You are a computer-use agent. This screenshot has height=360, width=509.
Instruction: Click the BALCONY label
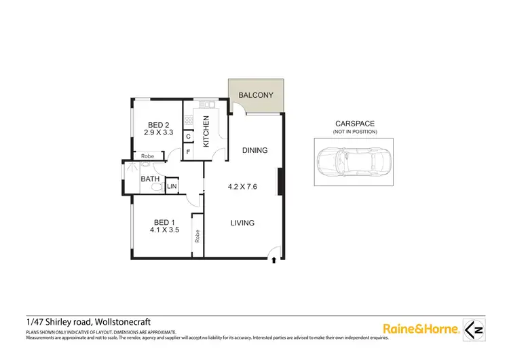point(256,95)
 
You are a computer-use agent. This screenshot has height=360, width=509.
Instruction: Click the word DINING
point(254,151)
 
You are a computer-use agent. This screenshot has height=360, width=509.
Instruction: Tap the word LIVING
point(242,223)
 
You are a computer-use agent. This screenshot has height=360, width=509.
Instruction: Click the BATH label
point(150,180)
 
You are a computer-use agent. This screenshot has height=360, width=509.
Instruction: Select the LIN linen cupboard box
point(172,185)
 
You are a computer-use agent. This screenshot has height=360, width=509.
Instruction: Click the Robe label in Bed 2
point(148,157)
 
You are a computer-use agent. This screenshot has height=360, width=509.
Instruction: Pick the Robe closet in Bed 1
point(197,235)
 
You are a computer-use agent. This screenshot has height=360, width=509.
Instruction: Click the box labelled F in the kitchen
point(188,151)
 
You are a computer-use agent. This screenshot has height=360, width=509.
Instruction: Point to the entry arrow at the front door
point(274,257)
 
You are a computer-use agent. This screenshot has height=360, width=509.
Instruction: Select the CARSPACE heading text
point(355,124)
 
